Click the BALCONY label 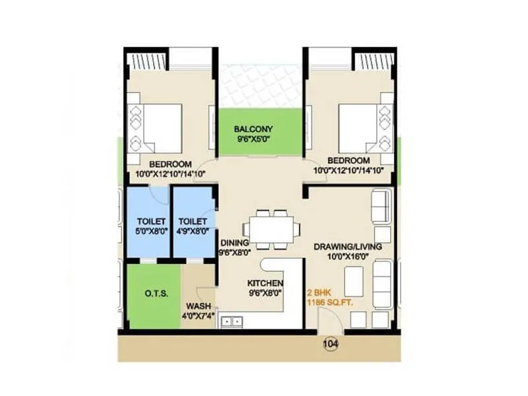[253, 129]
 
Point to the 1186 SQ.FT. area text [327, 302]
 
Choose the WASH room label [198, 306]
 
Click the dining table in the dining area [271, 229]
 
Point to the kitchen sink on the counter [232, 321]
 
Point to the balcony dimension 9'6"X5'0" [253, 139]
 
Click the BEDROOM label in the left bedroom [170, 164]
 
